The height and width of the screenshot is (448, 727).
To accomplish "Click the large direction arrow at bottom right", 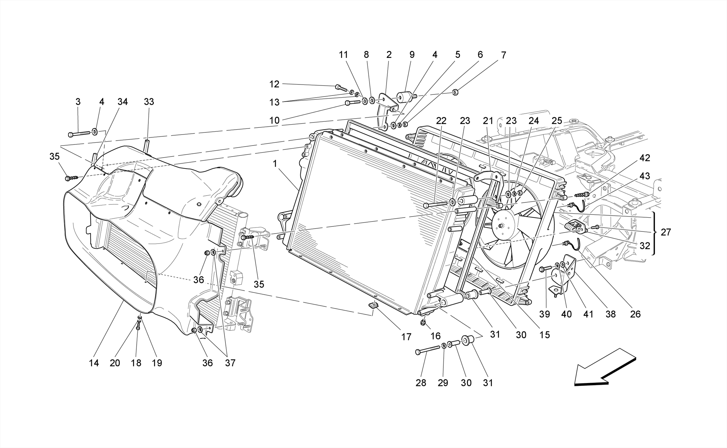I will coord(603,369).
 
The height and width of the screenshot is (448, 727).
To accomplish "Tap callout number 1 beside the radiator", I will coord(275,164).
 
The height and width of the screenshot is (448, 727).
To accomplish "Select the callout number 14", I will coord(94,363).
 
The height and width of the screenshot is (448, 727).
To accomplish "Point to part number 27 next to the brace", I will coord(666,232).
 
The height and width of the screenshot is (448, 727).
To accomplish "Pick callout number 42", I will coord(645,158).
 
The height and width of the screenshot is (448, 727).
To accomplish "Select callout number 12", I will coord(274,84).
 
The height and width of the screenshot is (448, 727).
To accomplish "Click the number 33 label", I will coord(149,102).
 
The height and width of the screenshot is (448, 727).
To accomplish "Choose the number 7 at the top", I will coord(503,55).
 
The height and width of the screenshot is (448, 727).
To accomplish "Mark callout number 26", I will coord(635,314).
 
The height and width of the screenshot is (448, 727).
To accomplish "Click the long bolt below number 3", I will coord(80,134).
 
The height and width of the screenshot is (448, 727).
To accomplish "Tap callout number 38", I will coord(611,314).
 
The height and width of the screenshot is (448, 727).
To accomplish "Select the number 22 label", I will coord(441,121).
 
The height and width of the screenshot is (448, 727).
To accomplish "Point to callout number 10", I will coord(274,120).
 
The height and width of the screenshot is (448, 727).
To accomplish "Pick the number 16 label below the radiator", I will coord(436,336).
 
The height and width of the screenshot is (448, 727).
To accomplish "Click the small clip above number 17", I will coord(373,304).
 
